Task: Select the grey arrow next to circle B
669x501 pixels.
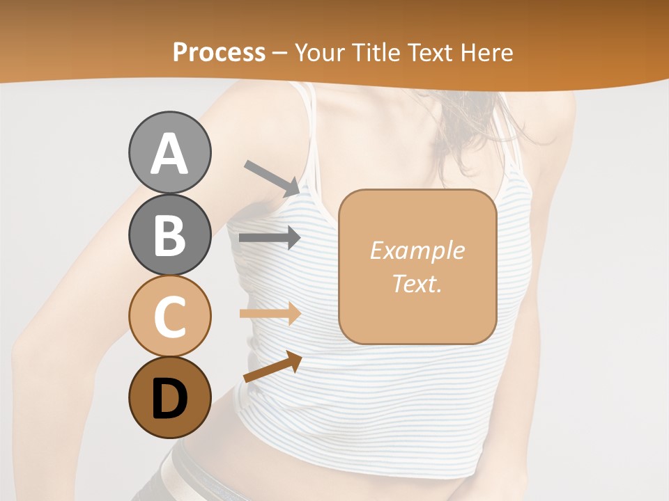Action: pyautogui.click(x=270, y=238)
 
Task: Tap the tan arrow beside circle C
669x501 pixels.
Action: pyautogui.click(x=270, y=313)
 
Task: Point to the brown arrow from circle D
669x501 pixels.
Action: pyautogui.click(x=272, y=367)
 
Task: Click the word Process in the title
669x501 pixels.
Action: pyautogui.click(x=219, y=52)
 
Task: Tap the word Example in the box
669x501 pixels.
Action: pyautogui.click(x=417, y=250)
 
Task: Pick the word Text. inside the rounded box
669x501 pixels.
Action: pyautogui.click(x=417, y=283)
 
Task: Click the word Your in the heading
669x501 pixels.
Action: pyautogui.click(x=319, y=52)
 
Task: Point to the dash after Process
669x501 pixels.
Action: pyautogui.click(x=280, y=53)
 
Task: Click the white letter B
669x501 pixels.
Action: pyautogui.click(x=169, y=235)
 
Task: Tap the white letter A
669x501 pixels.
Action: pyautogui.click(x=169, y=153)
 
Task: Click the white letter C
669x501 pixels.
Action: pyautogui.click(x=169, y=317)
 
